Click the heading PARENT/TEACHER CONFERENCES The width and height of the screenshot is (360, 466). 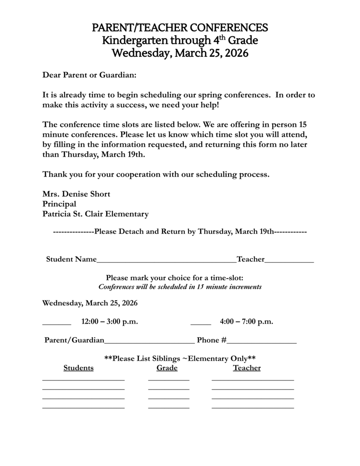[180, 28]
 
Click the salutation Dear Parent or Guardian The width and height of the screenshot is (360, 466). [89, 74]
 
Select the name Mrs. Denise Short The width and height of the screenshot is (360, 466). [76, 194]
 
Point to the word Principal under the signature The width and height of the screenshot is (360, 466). [59, 204]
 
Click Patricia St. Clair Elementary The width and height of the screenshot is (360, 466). [95, 214]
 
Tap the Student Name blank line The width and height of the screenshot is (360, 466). [166, 261]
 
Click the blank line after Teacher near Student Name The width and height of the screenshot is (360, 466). [289, 261]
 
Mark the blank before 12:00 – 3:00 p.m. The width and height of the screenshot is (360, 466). [56, 324]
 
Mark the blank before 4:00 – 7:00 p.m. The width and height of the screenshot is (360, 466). [200, 324]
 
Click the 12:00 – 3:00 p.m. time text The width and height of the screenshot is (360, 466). [109, 322]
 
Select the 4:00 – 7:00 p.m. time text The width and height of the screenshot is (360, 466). [246, 322]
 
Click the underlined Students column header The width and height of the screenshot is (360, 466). [78, 368]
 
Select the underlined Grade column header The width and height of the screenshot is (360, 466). [167, 368]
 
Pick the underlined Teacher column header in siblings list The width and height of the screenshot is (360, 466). [247, 368]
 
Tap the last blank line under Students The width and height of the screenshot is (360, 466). [83, 408]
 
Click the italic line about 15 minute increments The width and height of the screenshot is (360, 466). [180, 287]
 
